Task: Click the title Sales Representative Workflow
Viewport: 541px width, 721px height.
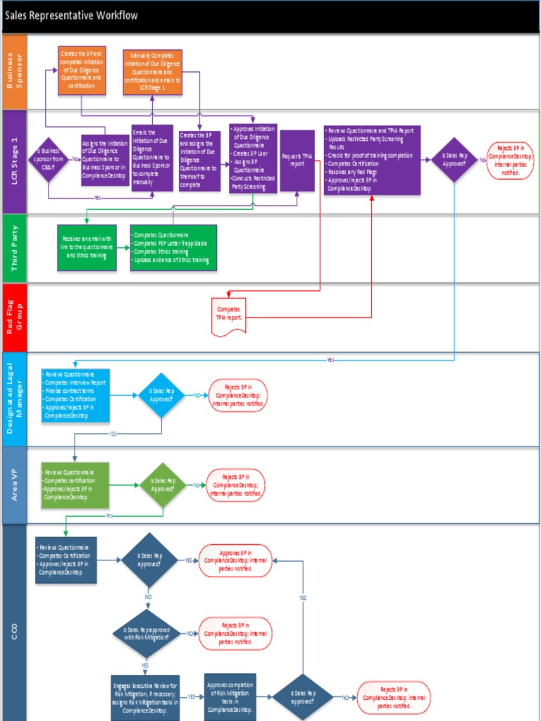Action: [72, 15]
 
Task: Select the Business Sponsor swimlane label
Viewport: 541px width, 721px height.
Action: [14, 71]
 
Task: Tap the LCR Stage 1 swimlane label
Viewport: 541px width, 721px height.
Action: [14, 161]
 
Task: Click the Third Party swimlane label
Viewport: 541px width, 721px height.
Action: [14, 249]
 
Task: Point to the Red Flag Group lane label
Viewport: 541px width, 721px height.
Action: [14, 318]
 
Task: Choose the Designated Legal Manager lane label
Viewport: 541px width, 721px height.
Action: [14, 399]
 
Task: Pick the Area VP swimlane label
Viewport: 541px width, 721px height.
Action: [14, 485]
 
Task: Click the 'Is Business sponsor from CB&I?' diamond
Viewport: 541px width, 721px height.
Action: [48, 160]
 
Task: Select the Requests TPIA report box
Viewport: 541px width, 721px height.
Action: [297, 161]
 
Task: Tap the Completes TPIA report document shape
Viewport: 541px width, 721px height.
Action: [228, 313]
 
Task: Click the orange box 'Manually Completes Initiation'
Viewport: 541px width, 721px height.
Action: [152, 72]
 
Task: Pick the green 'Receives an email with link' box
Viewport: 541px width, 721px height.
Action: [87, 248]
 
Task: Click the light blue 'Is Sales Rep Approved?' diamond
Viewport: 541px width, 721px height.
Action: [161, 395]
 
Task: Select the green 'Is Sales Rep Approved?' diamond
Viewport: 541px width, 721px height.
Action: [163, 485]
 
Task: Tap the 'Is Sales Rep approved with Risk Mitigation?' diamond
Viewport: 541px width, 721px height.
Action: [147, 634]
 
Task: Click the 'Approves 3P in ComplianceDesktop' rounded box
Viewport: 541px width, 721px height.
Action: [235, 560]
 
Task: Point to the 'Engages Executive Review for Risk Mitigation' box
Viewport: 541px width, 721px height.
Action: [145, 697]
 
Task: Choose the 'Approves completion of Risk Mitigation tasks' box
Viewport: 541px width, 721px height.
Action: [230, 696]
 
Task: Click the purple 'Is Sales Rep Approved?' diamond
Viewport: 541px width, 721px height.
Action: [454, 160]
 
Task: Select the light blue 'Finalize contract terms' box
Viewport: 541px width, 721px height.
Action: [75, 395]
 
